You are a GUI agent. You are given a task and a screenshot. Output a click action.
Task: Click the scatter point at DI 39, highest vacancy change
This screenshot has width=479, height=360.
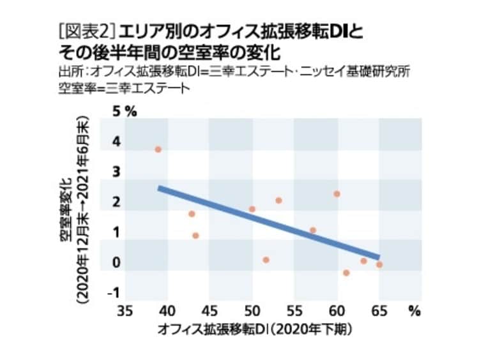(x=158, y=149)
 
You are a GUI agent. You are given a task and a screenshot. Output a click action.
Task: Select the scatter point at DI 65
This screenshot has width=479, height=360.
(x=379, y=264)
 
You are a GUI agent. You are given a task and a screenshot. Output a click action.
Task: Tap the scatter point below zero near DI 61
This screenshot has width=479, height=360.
(x=346, y=273)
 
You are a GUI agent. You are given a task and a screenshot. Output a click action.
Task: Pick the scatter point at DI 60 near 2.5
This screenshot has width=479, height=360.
(x=337, y=193)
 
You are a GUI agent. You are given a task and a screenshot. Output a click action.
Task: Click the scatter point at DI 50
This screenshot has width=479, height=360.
(x=252, y=209)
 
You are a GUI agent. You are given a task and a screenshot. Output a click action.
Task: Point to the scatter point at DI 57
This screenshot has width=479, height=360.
(x=313, y=230)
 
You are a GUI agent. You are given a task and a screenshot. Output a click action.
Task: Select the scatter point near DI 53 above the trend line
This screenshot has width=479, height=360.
(x=278, y=200)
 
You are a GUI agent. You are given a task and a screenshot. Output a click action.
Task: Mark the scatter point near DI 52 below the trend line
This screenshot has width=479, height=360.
(x=266, y=260)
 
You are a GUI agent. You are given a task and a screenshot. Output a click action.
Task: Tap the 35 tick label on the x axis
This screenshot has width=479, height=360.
(x=125, y=311)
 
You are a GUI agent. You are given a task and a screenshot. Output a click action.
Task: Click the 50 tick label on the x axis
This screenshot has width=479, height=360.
(x=252, y=311)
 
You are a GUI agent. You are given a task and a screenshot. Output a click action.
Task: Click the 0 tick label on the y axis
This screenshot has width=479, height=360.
(x=116, y=263)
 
